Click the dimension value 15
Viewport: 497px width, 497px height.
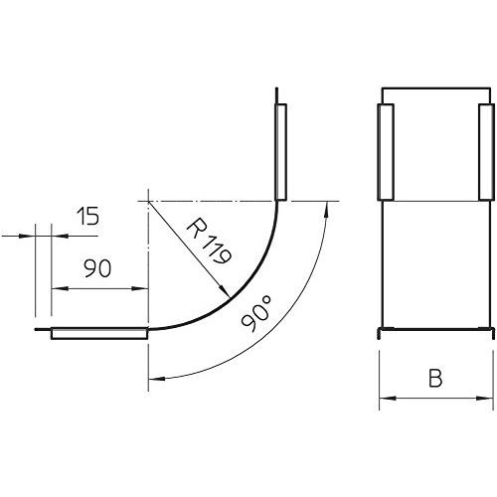(86, 217)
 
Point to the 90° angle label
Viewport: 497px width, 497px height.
(256, 316)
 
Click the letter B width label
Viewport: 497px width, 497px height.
(434, 378)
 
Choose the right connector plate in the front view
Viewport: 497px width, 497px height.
(484, 150)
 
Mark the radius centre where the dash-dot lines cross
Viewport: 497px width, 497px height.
(147, 200)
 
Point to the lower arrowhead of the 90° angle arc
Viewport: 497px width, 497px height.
(154, 380)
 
